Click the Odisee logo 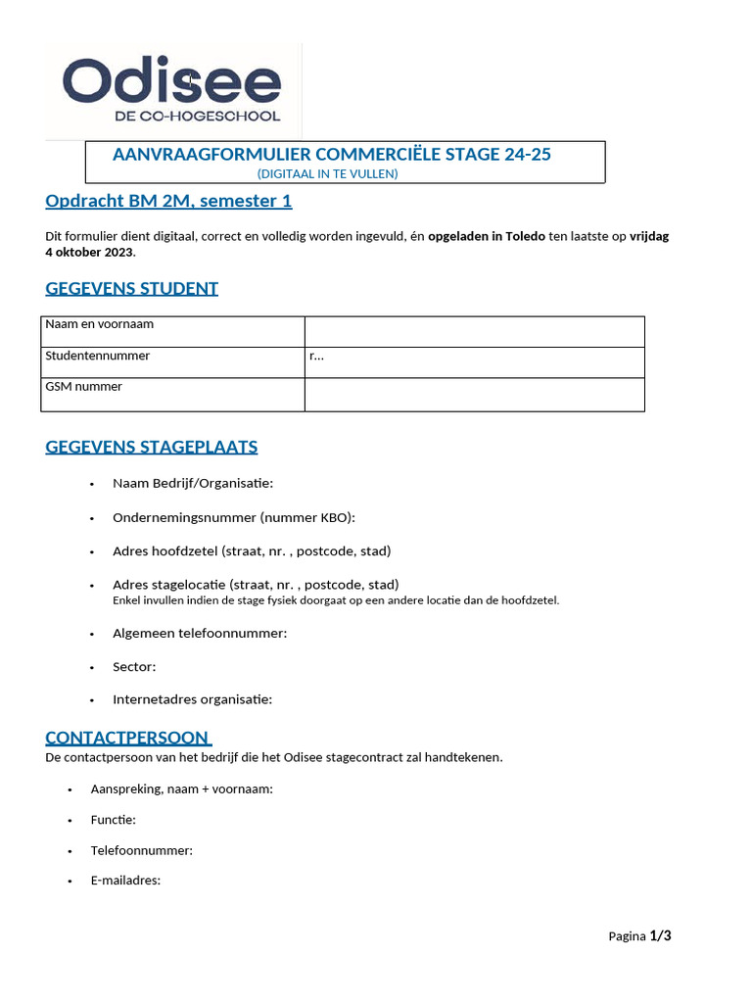pos(172,90)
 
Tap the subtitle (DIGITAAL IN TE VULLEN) pos(327,173)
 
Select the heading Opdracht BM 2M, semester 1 pos(168,202)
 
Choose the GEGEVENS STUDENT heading pos(131,288)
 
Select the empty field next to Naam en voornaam pos(474,331)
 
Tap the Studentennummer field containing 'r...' pos(474,362)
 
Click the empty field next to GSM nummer pos(474,394)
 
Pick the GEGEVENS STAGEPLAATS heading pos(152,448)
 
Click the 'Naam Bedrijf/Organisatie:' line pos(193,483)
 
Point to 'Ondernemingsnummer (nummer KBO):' pos(234,517)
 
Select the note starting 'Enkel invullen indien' pos(336,600)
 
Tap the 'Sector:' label pos(134,667)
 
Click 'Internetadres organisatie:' pos(192,699)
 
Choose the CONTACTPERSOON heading pos(127,738)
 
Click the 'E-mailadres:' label pos(125,881)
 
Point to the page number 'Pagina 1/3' pos(639,936)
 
